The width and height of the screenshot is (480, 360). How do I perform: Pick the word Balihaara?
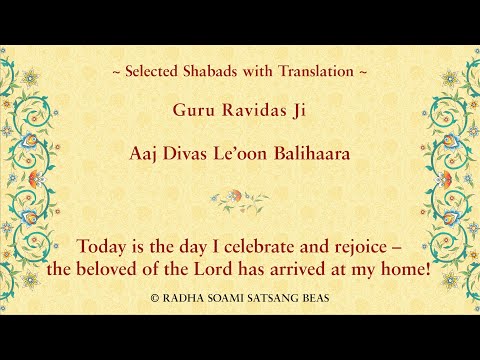tap(319, 155)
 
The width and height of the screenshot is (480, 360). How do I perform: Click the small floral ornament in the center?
tap(240, 199)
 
